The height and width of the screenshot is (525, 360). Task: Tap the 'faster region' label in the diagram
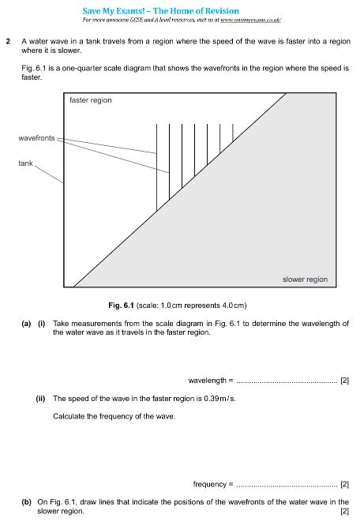tap(91, 100)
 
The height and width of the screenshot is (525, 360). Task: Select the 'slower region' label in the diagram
tap(305, 279)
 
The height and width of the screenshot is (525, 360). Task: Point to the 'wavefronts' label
tap(36, 138)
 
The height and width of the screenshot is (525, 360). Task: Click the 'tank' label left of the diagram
tap(27, 163)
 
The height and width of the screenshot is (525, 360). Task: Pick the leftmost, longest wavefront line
tap(156, 166)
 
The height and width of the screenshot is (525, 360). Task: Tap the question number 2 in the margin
tap(8, 40)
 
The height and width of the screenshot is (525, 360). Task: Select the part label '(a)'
tap(27, 324)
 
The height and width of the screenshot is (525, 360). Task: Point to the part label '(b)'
tap(27, 502)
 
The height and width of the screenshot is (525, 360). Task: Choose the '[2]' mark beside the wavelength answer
tap(344, 381)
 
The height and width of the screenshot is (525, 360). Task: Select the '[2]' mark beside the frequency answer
tap(344, 484)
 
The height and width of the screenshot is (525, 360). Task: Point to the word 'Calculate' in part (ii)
tap(69, 416)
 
